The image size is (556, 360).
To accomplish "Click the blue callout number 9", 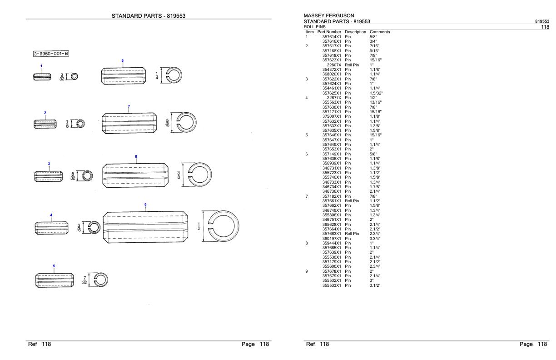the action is pyautogui.click(x=145, y=205).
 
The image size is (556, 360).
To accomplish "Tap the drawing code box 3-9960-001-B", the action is pyautogui.click(x=51, y=54).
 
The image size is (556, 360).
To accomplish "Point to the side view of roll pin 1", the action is pyautogui.click(x=42, y=77).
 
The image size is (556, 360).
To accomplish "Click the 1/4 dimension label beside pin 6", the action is pyautogui.click(x=157, y=76).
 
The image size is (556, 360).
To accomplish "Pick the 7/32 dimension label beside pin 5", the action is pyautogui.click(x=84, y=280).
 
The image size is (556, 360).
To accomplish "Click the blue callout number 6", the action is pyautogui.click(x=122, y=60).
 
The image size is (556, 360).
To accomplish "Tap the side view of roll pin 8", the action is pyautogui.click(x=135, y=175).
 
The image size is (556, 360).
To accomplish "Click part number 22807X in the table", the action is pyautogui.click(x=334, y=65).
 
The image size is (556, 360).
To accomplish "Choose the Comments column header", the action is pyautogui.click(x=380, y=32).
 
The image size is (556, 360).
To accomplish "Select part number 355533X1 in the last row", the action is pyautogui.click(x=332, y=285).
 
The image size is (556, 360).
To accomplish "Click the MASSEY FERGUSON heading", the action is pyautogui.click(x=328, y=15).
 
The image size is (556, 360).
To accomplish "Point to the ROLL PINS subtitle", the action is pyautogui.click(x=314, y=27).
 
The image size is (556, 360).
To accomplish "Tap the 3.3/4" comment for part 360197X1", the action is pyautogui.click(x=375, y=239).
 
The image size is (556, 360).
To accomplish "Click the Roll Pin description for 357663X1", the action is pyautogui.click(x=352, y=234).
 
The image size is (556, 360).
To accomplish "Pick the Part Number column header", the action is pyautogui.click(x=329, y=32).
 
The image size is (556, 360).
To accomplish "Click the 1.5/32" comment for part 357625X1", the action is pyautogui.click(x=376, y=93).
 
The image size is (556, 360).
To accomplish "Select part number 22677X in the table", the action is pyautogui.click(x=334, y=98).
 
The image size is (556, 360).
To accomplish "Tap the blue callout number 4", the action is pyautogui.click(x=51, y=215).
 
